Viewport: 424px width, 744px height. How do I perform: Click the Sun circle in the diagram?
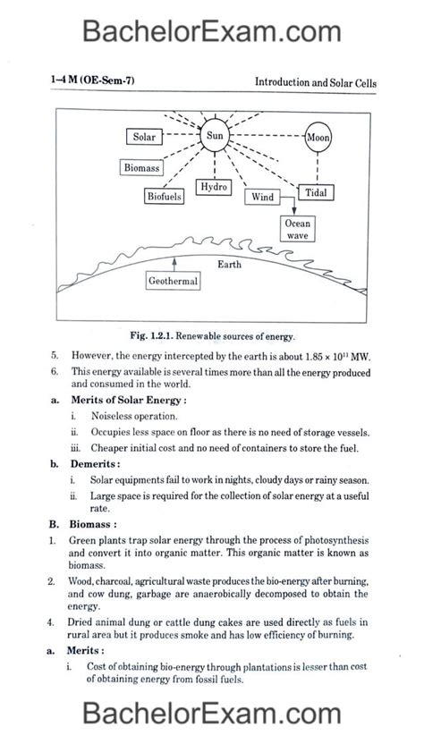coord(216,138)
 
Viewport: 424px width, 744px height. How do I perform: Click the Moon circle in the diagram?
coord(318,138)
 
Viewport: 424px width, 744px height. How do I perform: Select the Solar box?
coord(144,138)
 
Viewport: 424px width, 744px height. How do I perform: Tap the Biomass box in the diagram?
coord(141,167)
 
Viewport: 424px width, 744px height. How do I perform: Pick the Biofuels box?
coord(165,195)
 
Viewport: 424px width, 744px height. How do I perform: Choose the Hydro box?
coord(215,187)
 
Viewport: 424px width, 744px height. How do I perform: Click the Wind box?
coord(262,197)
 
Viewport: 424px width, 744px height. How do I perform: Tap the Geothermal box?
coord(174,281)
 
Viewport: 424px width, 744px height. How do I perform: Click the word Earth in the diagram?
coord(229,265)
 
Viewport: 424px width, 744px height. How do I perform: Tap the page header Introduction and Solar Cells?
coord(316,82)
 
